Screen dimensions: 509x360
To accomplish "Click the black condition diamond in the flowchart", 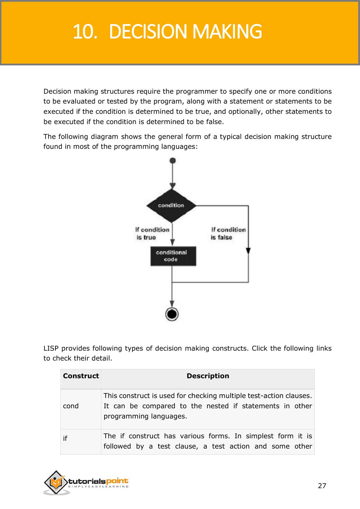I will pos(171,205).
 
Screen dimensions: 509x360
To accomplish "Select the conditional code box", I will pos(172,256).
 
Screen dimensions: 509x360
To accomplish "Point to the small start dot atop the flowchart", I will pos(172,161).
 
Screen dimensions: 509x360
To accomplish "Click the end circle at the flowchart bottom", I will pos(172,314).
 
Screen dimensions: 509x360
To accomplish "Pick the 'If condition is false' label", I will pos(228,233).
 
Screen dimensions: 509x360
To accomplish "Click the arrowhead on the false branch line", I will pos(248,250).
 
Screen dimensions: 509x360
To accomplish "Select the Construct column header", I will pos(81,376).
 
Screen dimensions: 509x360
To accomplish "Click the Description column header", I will pos(208,376).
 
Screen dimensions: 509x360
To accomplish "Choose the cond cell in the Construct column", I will pos(71,406).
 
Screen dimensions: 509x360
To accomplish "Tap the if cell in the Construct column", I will pos(65,439).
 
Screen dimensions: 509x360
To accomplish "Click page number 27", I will pos(322,486).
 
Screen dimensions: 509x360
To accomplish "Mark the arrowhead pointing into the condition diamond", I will pos(172,186).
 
